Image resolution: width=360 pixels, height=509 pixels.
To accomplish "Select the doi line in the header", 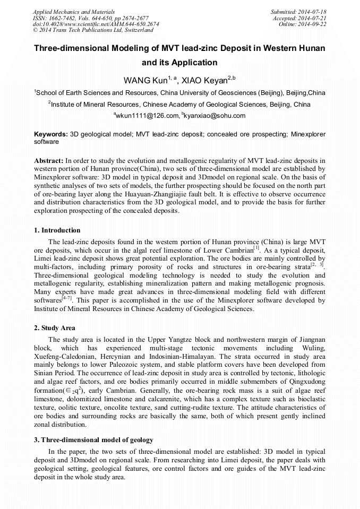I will pos(96,24).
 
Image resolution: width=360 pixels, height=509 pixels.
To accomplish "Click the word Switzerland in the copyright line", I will pos(135,30).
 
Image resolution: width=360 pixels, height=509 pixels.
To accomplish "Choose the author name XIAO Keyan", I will pos(204,81).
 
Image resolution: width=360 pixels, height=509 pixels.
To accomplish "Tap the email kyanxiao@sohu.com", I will pos(215,115).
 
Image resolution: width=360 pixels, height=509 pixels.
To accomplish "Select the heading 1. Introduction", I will pos(57,230).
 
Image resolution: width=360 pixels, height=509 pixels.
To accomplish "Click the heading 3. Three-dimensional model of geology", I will pos(93,440).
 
